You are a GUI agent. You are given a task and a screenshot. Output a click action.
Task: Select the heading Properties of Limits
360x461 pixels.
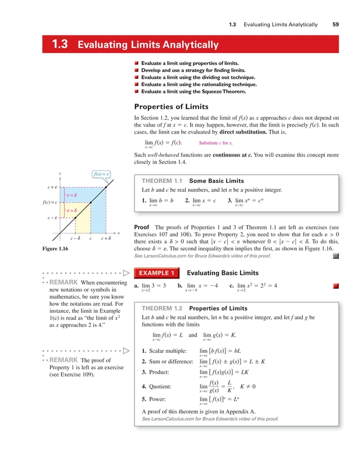[x=171, y=106]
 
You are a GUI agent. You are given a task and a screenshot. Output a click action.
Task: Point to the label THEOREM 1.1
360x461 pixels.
[x=162, y=181]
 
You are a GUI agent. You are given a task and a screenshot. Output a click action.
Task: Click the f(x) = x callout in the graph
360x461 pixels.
[x=101, y=174]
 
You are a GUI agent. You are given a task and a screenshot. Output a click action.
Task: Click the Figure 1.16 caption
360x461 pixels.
[x=55, y=248]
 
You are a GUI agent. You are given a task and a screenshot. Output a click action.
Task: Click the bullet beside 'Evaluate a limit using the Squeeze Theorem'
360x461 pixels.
[x=136, y=91]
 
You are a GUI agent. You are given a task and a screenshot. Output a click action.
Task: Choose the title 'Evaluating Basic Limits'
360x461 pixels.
[x=218, y=274]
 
